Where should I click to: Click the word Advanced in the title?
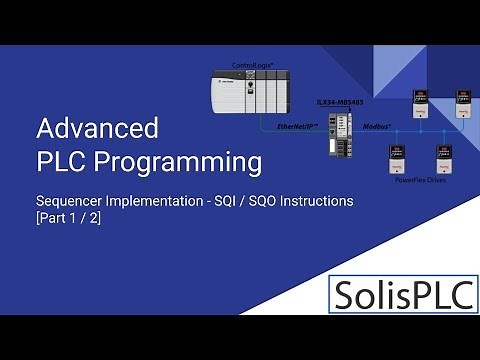pos(97,129)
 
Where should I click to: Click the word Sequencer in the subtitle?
pos(67,201)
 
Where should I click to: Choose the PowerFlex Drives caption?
pos(421,183)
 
